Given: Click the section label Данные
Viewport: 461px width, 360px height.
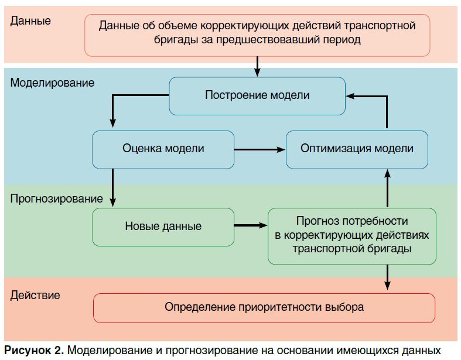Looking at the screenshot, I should (31, 21).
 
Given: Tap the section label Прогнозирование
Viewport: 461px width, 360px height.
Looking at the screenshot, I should (56, 198).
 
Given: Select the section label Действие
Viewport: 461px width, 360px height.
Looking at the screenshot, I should (35, 295).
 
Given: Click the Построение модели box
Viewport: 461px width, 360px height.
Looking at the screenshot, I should (257, 95).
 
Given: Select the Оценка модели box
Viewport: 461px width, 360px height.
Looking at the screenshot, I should (163, 149).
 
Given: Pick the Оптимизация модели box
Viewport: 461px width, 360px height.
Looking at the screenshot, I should (357, 149).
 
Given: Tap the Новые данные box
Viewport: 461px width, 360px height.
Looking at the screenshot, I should (163, 227).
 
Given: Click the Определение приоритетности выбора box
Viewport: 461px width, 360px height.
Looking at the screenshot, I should (264, 307).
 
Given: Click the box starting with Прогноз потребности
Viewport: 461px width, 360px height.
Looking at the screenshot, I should (351, 235).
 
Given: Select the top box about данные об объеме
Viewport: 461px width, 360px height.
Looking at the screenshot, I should (257, 33).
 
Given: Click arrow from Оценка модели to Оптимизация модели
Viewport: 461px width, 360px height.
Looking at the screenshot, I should (259, 150).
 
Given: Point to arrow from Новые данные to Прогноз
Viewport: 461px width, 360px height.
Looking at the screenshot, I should (251, 225).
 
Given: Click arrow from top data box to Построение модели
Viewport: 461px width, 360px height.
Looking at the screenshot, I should (258, 66).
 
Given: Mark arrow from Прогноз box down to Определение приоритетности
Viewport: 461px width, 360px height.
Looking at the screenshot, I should (387, 277).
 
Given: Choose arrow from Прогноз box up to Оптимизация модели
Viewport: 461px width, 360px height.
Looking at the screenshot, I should (387, 187).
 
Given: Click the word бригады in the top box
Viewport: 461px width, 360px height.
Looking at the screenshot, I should (173, 40).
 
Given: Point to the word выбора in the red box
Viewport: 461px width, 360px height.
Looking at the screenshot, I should (346, 307).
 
